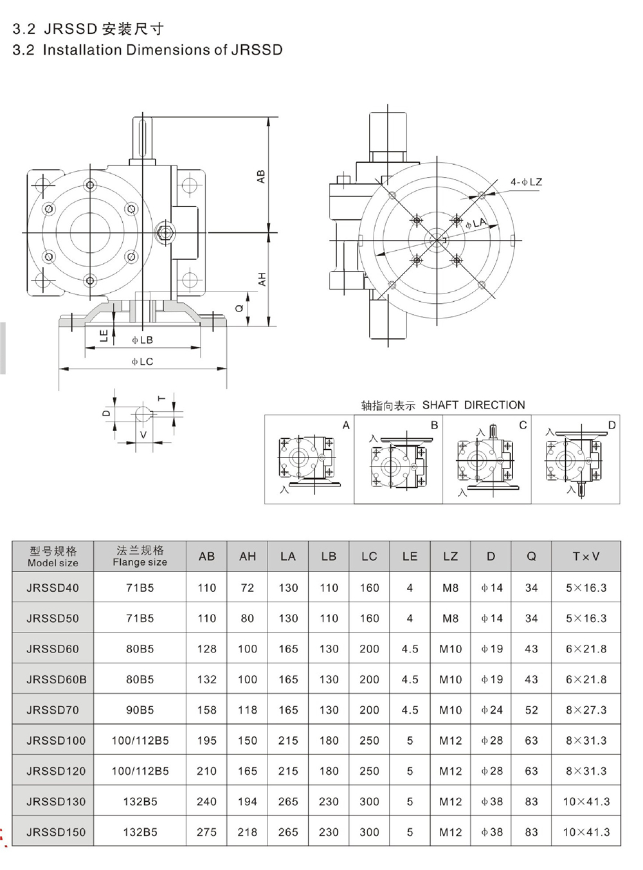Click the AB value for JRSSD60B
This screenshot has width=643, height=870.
pos(206,680)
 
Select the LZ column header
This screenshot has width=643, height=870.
pos(450,557)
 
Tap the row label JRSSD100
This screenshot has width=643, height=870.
pos(56,741)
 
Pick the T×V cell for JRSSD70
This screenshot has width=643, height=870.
pos(586,710)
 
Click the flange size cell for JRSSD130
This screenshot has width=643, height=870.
pos(140,802)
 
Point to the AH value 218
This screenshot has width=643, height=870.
pos(247,832)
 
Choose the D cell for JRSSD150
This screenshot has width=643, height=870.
pos(491,832)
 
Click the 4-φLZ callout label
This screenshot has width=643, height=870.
pos(526,182)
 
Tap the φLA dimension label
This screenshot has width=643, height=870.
pos(476,223)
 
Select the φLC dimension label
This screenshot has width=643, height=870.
pos(142,362)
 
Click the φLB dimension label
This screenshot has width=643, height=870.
pos(142,340)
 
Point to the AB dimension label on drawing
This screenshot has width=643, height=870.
pos(260,177)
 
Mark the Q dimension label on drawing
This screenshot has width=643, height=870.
pos(239,309)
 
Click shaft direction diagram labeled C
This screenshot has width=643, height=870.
pos(487,459)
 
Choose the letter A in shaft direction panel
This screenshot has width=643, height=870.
pos(346,425)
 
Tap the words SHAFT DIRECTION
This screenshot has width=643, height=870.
pos(473,405)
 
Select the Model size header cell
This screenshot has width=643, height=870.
pos(53,557)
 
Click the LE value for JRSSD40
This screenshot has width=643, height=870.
pos(410,588)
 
